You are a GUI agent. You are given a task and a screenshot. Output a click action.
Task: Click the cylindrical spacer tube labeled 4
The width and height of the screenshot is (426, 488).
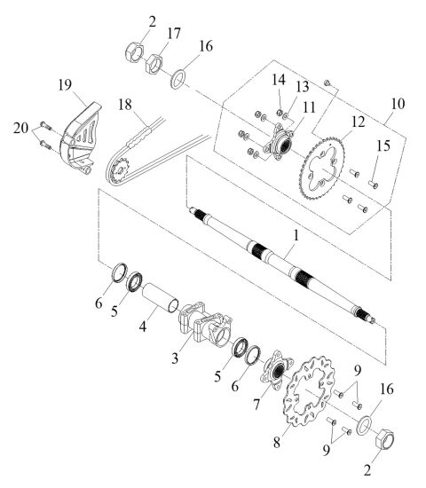pos(160,302)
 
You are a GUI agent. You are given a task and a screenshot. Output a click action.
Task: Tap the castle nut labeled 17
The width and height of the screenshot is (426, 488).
pos(153,65)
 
